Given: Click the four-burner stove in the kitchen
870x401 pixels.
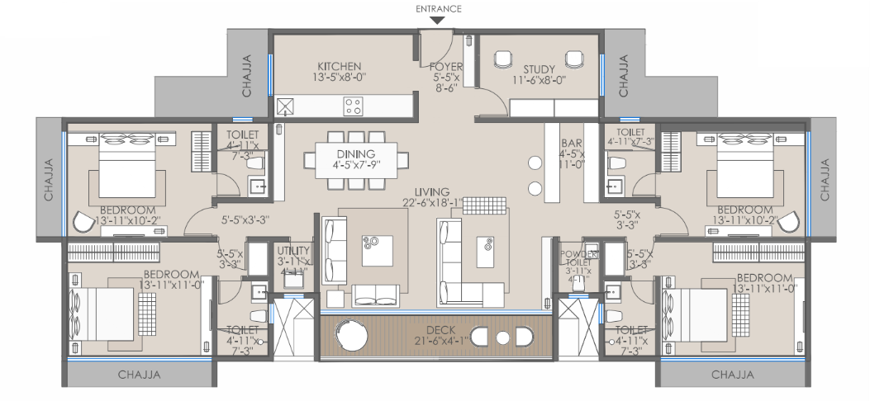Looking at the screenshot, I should coord(354,105).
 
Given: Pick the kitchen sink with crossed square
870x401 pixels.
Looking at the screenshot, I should coord(286,105).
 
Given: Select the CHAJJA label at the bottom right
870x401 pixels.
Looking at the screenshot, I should coord(732,374).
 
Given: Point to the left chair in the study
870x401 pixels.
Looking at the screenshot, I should coord(502,59).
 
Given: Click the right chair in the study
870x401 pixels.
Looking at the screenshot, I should coord(573,59).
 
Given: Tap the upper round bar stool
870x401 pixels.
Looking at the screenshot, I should coord(535,163).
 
